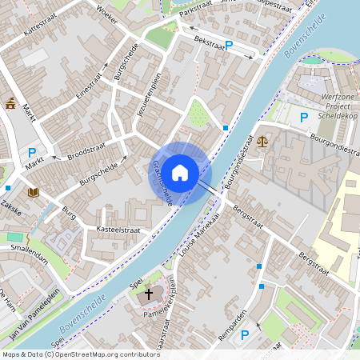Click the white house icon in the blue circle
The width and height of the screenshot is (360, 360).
pyautogui.click(x=180, y=172)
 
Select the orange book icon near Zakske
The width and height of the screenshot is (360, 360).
pyautogui.click(x=34, y=192)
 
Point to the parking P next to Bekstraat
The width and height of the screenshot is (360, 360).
pyautogui.click(x=229, y=46)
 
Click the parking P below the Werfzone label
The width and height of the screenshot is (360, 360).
pyautogui.click(x=303, y=118)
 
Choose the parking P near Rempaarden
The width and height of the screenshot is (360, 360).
pyautogui.click(x=246, y=336)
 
